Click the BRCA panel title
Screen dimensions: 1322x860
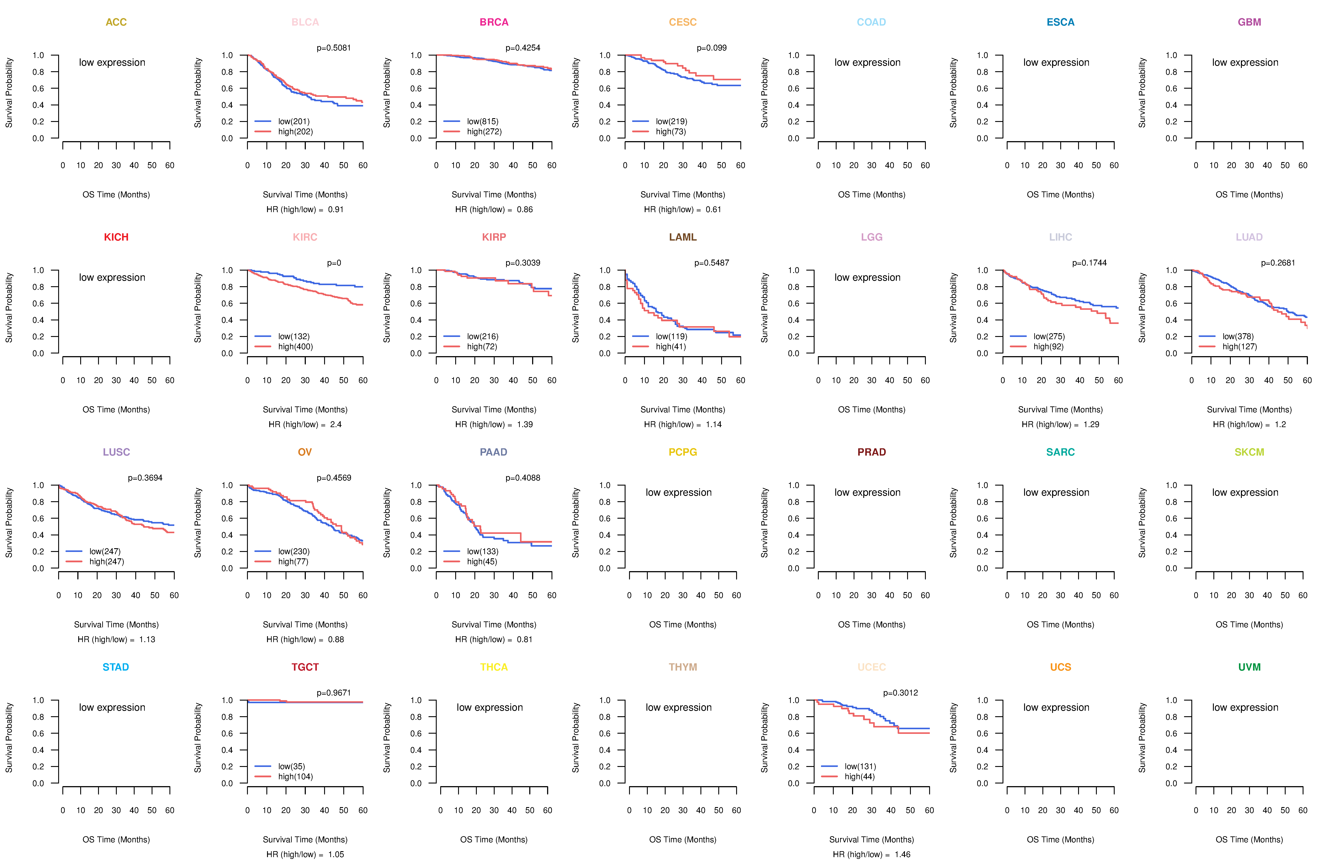click(x=494, y=22)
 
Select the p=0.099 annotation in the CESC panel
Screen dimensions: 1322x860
click(x=711, y=48)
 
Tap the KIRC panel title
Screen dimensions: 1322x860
click(x=305, y=237)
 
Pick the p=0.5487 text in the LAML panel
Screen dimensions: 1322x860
click(x=711, y=263)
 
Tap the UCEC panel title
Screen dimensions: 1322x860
click(x=871, y=667)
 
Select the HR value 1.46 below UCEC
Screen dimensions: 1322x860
click(x=903, y=854)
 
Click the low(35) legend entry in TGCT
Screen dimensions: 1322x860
click(x=292, y=767)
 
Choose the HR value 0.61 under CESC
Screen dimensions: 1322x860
click(x=713, y=209)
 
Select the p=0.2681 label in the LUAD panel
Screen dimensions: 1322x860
click(x=1278, y=263)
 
